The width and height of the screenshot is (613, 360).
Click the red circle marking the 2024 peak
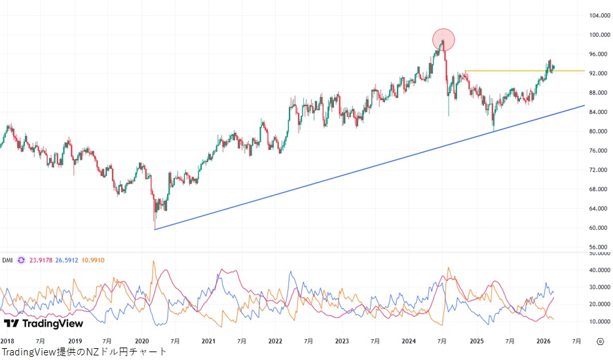click(443, 40)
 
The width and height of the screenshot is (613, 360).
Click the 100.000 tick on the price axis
click(595, 35)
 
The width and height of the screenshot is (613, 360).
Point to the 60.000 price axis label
click(595, 228)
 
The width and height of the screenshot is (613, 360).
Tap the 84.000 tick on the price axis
click(595, 112)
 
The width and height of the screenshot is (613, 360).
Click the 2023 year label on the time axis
click(342, 341)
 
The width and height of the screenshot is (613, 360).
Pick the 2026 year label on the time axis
click(543, 341)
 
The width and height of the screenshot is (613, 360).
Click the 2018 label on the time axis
click(7, 341)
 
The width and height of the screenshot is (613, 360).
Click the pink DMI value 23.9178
click(42, 260)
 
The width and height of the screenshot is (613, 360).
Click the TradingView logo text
click(44, 323)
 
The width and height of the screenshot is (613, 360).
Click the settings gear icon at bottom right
click(600, 341)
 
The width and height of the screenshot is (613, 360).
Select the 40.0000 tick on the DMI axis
click(597, 270)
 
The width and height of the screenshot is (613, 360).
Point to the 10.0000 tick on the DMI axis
click(597, 321)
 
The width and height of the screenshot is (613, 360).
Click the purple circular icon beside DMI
click(22, 260)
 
